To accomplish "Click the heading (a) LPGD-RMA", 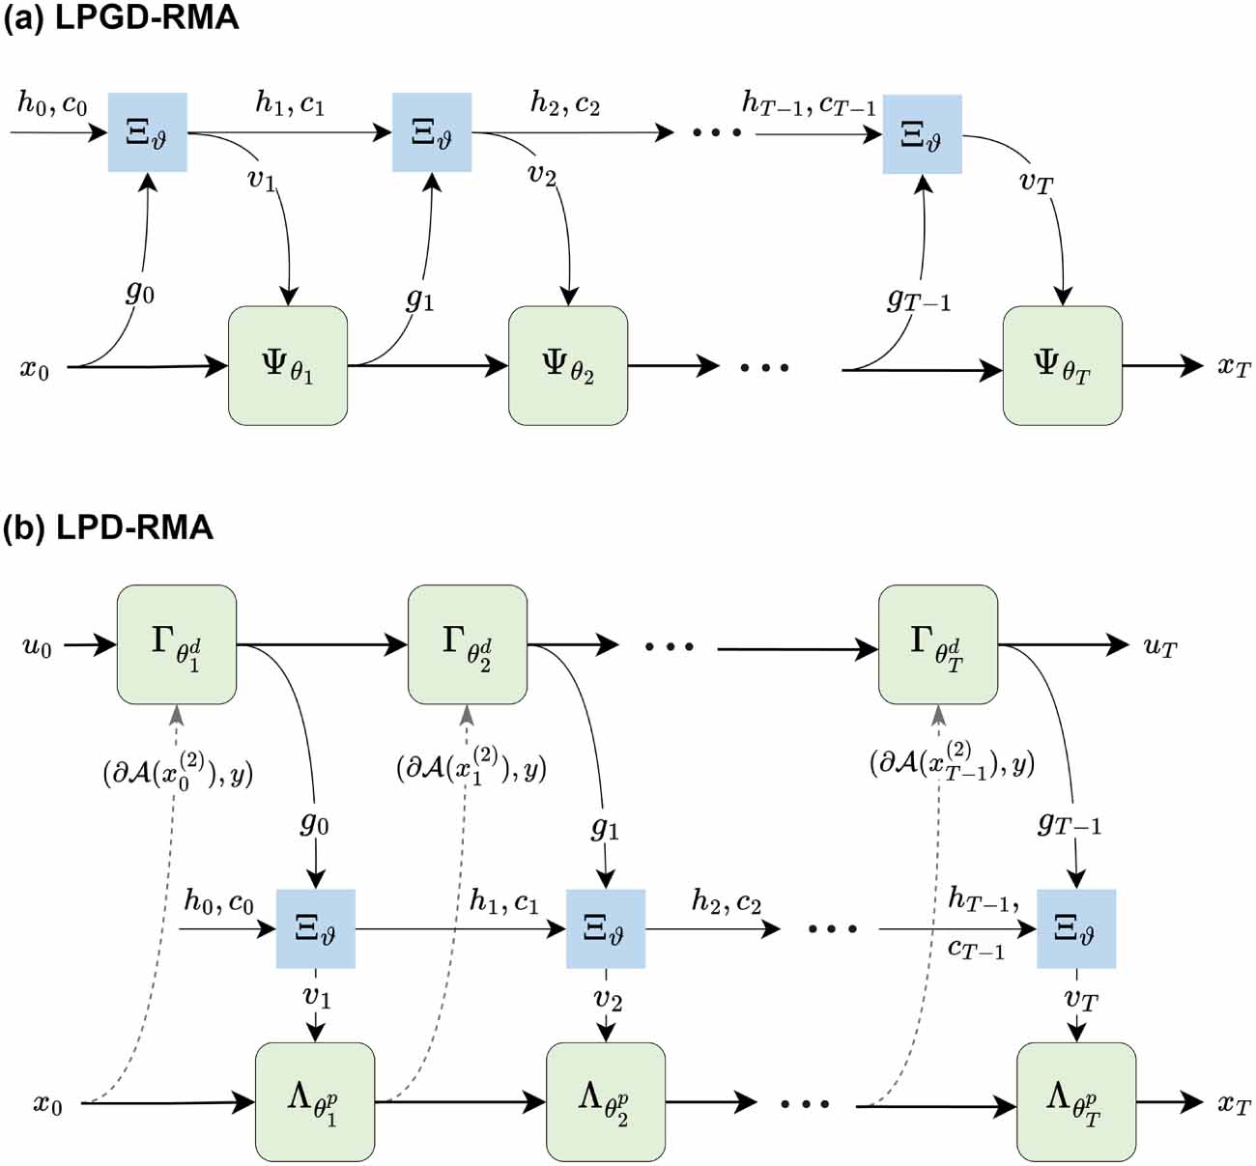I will pyautogui.click(x=120, y=18).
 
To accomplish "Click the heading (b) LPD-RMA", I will pyautogui.click(x=107, y=527).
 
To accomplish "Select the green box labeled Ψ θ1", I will pyautogui.click(x=287, y=366).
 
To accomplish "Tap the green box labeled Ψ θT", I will pyautogui.click(x=1062, y=366).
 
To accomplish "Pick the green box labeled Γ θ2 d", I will pyautogui.click(x=468, y=644).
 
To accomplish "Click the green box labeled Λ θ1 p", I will pyautogui.click(x=315, y=1102).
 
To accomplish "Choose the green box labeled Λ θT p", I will pyautogui.click(x=1075, y=1102).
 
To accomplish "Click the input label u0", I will pyautogui.click(x=37, y=646).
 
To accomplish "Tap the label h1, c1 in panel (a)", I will pyautogui.click(x=289, y=102).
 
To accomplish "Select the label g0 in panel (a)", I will pyautogui.click(x=140, y=290).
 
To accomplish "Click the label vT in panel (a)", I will pyautogui.click(x=1036, y=181).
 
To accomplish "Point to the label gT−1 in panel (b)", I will pyautogui.click(x=1069, y=823).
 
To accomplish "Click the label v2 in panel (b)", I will pyautogui.click(x=607, y=998).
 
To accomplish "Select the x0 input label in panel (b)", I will pyautogui.click(x=47, y=1103).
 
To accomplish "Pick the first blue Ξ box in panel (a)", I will pyautogui.click(x=147, y=132).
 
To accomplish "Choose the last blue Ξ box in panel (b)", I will pyautogui.click(x=1075, y=928).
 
